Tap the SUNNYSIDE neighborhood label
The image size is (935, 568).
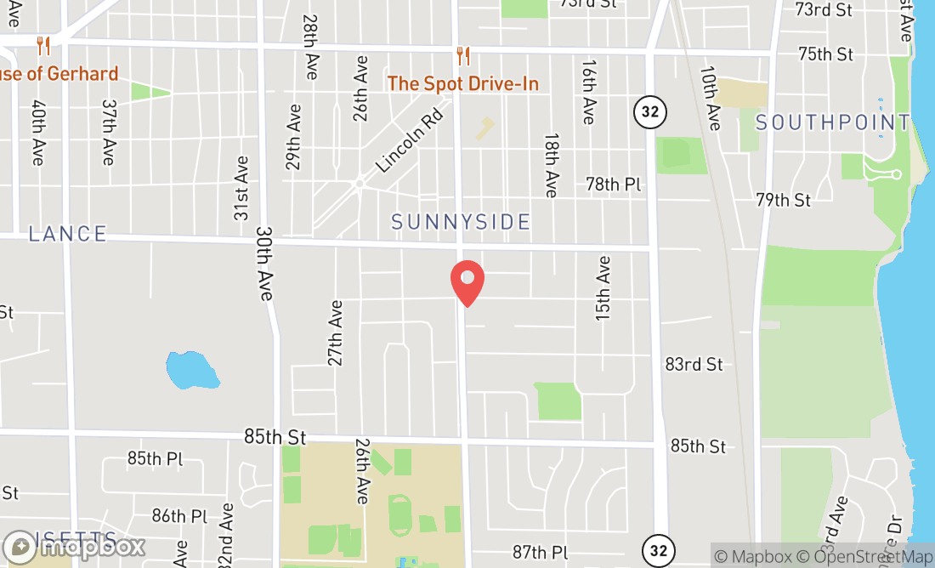tap(461, 222)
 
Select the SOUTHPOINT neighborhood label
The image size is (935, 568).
tap(833, 122)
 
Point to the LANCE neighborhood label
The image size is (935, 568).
tap(68, 234)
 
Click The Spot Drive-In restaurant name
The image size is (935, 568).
tap(463, 83)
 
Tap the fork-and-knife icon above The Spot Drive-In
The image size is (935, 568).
tap(463, 56)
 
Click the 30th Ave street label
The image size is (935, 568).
tap(264, 263)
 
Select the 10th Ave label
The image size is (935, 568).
tap(711, 98)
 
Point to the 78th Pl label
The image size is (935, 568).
tap(614, 184)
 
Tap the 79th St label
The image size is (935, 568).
tap(783, 200)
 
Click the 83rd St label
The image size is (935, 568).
tap(694, 364)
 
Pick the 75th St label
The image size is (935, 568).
tap(825, 54)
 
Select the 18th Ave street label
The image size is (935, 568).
tap(552, 165)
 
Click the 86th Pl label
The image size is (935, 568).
tap(179, 515)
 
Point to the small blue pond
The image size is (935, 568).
tap(191, 369)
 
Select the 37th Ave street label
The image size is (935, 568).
tap(108, 132)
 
